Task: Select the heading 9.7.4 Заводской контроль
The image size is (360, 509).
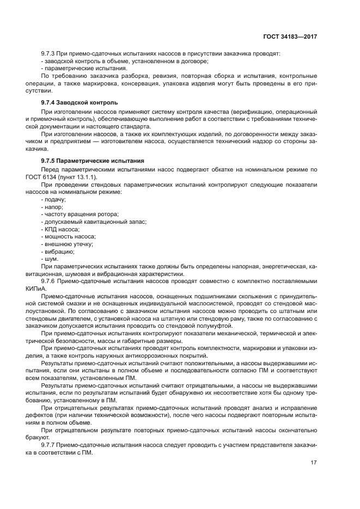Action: point(79,103)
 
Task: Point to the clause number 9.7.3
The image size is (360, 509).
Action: point(49,54)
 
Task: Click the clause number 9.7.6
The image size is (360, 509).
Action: point(49,281)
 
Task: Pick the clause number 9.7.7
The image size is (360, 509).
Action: point(49,444)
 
